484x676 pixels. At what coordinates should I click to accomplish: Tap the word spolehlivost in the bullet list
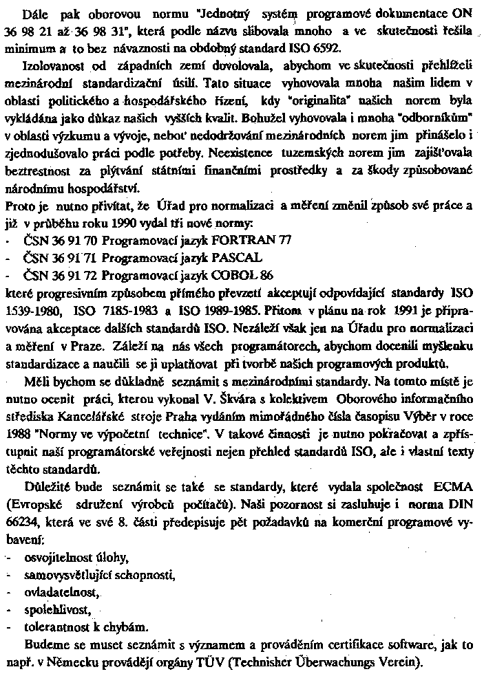coord(52,611)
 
